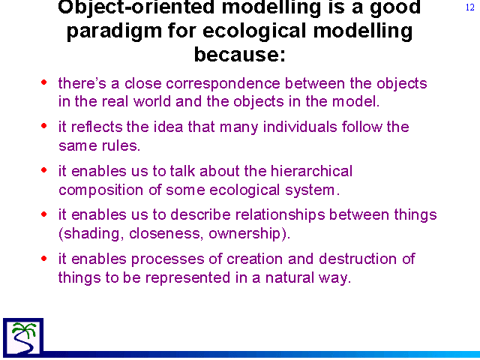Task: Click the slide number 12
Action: click(470, 7)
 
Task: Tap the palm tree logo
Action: click(23, 337)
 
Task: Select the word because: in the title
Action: click(240, 55)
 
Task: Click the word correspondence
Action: click(223, 84)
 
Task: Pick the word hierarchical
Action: click(312, 171)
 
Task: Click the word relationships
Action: click(280, 215)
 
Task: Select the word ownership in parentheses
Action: click(244, 234)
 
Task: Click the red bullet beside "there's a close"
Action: click(43, 82)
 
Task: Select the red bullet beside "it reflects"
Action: click(43, 126)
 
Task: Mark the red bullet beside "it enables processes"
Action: click(43, 259)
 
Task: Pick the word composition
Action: click(100, 190)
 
